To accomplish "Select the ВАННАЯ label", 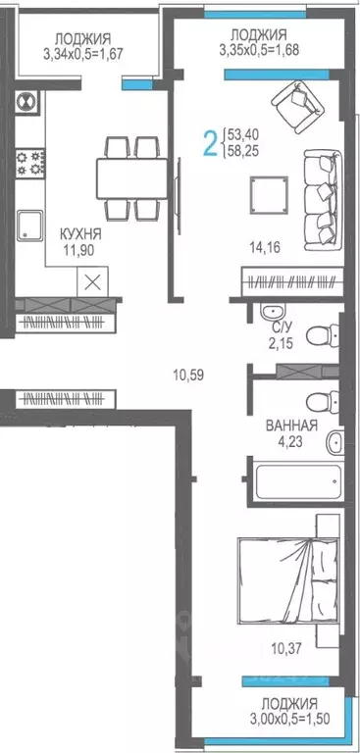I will click(x=291, y=426).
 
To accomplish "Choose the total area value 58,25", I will click(x=249, y=151).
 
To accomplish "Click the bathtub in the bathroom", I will click(x=292, y=481).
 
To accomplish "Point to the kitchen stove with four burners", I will click(x=26, y=163).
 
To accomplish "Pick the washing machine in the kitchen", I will click(x=26, y=100).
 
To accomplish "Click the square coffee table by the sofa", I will click(x=267, y=191).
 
